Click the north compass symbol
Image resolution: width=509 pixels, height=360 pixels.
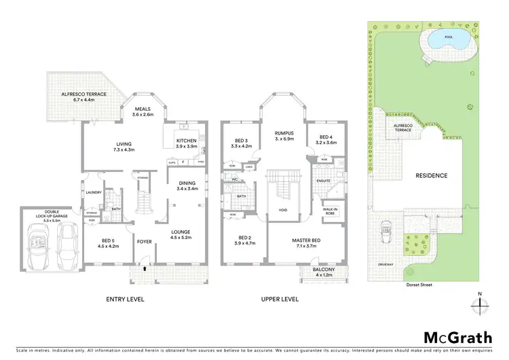point(480,304)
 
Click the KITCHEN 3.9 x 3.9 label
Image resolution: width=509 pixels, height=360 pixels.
point(187,143)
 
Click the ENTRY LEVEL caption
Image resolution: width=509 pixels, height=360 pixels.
point(126,299)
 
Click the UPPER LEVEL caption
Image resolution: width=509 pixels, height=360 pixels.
point(280,299)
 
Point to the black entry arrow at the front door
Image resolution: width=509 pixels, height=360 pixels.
point(144,269)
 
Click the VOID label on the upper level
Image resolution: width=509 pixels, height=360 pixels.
point(283,210)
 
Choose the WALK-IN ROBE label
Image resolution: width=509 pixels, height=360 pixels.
point(331,211)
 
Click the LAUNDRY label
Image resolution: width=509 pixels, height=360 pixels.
point(94,192)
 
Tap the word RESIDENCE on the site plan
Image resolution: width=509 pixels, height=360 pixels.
point(432,175)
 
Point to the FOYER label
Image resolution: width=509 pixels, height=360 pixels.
point(145,241)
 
